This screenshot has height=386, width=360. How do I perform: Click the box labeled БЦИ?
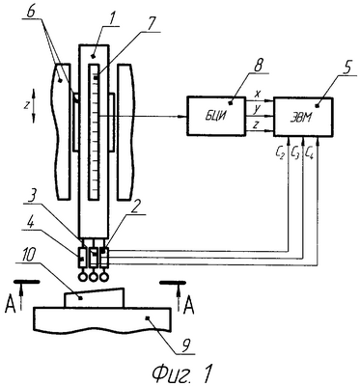(216, 116)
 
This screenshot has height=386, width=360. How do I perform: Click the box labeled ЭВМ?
(303, 117)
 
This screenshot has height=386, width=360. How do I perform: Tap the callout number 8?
(258, 67)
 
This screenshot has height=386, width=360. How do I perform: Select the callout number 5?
(346, 69)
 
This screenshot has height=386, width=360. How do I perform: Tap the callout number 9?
(183, 345)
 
